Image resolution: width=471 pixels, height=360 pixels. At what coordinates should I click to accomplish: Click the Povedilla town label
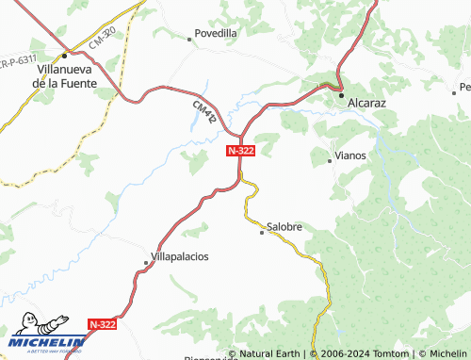[x=216, y=33]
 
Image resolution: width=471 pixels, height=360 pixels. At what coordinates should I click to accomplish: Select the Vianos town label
[x=350, y=155]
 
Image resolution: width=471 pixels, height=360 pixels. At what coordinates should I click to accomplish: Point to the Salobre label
[x=284, y=227]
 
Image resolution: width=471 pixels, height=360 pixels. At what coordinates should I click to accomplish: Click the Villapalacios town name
[x=180, y=256]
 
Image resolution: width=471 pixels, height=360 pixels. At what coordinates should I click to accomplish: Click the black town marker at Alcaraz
[x=342, y=92]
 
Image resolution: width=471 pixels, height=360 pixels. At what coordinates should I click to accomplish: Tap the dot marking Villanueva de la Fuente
[x=65, y=56]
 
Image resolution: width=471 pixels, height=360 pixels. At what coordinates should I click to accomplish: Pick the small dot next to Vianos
[x=329, y=161]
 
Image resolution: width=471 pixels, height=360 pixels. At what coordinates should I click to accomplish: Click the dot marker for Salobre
[x=262, y=232]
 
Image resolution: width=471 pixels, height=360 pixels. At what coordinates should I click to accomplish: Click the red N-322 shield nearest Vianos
[x=238, y=150]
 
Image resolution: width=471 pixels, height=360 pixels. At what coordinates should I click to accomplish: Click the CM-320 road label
[x=103, y=39]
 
